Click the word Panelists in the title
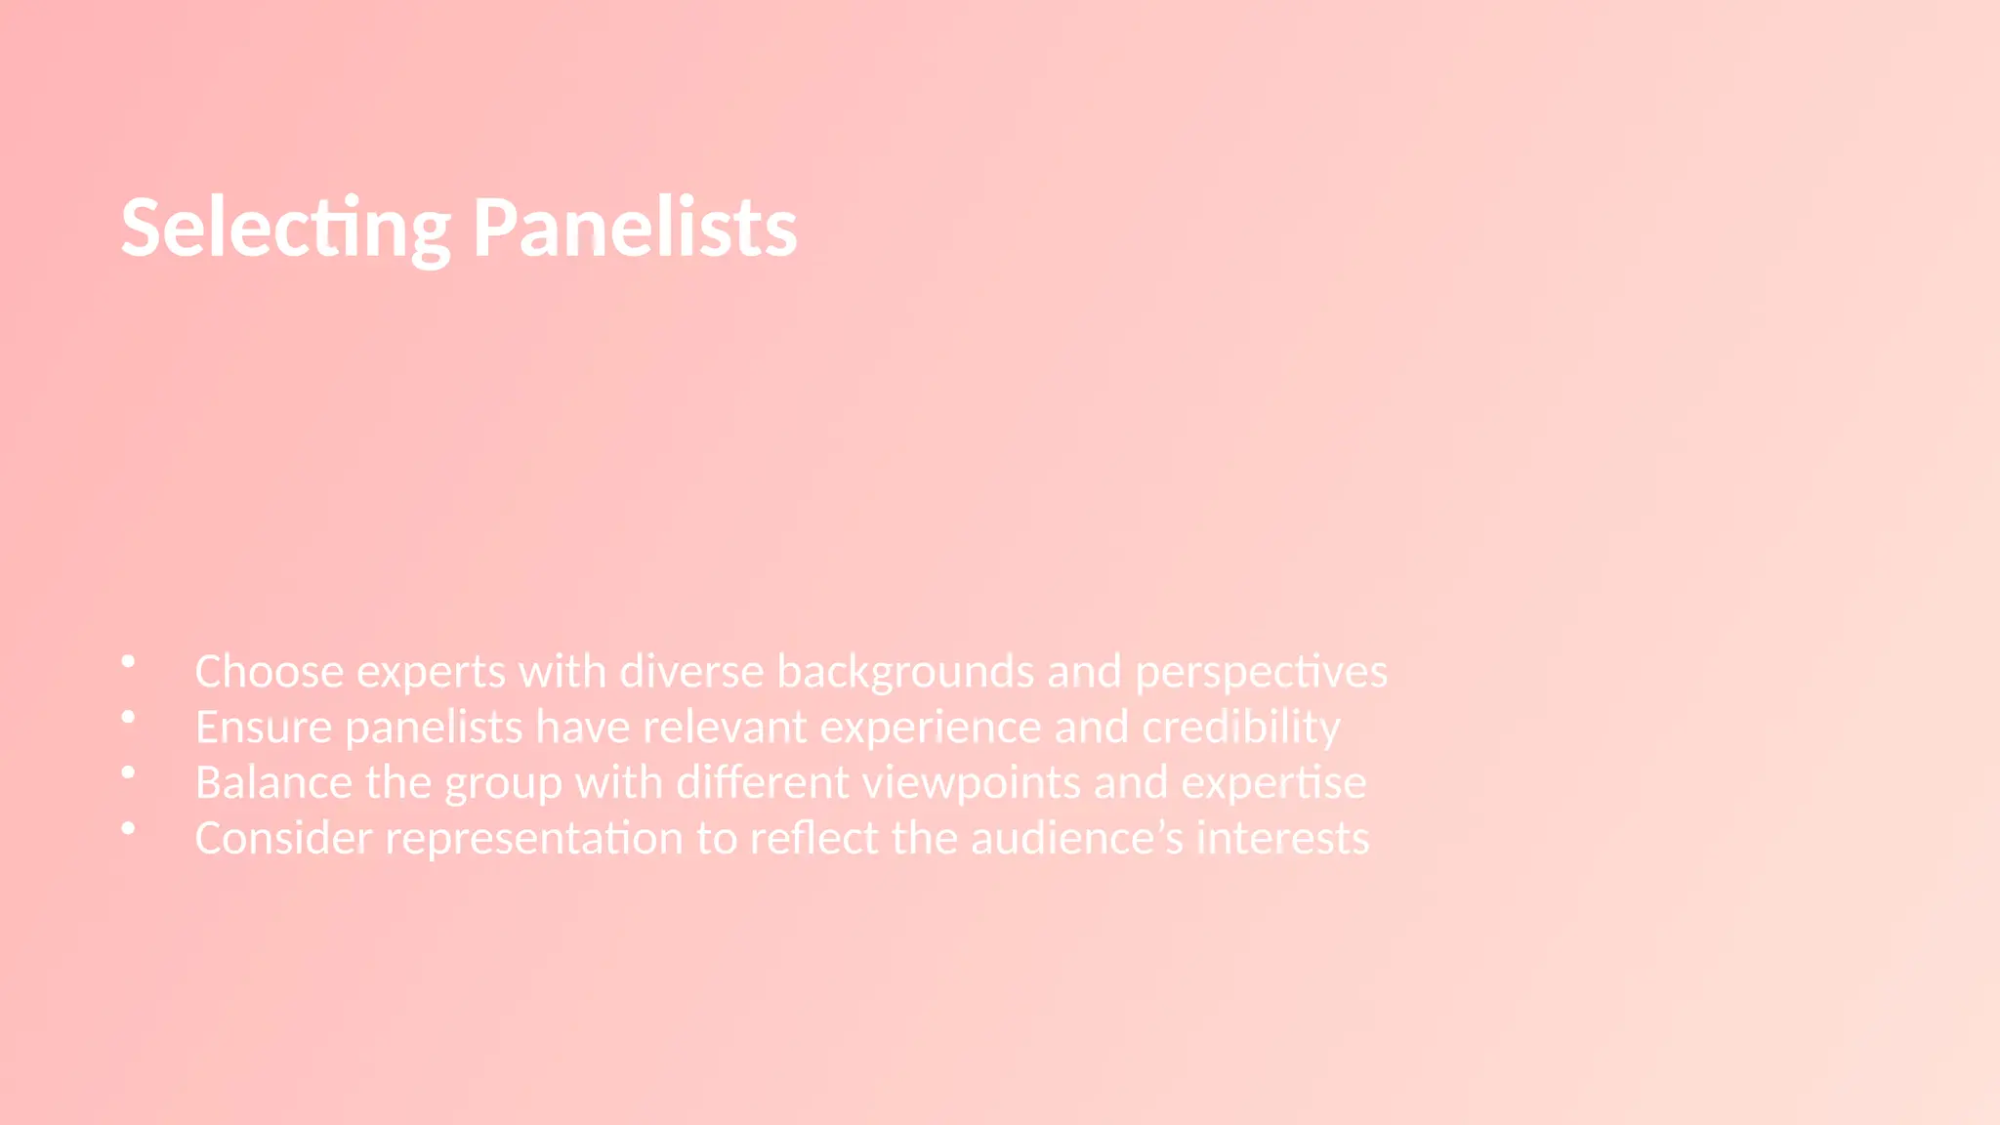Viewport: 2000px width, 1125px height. point(635,229)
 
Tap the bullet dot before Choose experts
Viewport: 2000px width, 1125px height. point(128,662)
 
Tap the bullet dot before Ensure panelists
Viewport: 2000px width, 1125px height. point(128,718)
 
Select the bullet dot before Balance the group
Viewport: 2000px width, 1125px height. point(128,773)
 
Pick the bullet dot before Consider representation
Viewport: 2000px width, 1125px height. point(128,829)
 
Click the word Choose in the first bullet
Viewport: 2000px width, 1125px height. point(270,672)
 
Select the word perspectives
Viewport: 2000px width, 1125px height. point(1261,672)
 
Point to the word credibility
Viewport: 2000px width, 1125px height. point(1241,728)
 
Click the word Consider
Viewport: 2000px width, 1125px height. point(283,839)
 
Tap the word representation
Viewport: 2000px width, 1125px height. point(534,839)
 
